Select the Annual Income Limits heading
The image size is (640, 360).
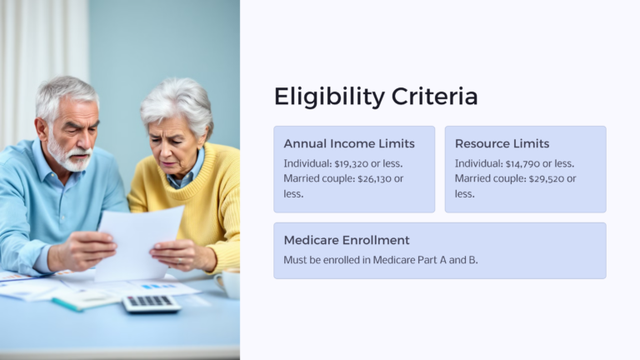tap(349, 144)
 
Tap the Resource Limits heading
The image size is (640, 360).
tap(502, 144)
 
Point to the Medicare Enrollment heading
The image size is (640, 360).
tap(347, 240)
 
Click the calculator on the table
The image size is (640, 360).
tap(151, 302)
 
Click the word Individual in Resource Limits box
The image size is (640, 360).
tap(478, 163)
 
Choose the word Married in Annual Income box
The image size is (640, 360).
tap(302, 178)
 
